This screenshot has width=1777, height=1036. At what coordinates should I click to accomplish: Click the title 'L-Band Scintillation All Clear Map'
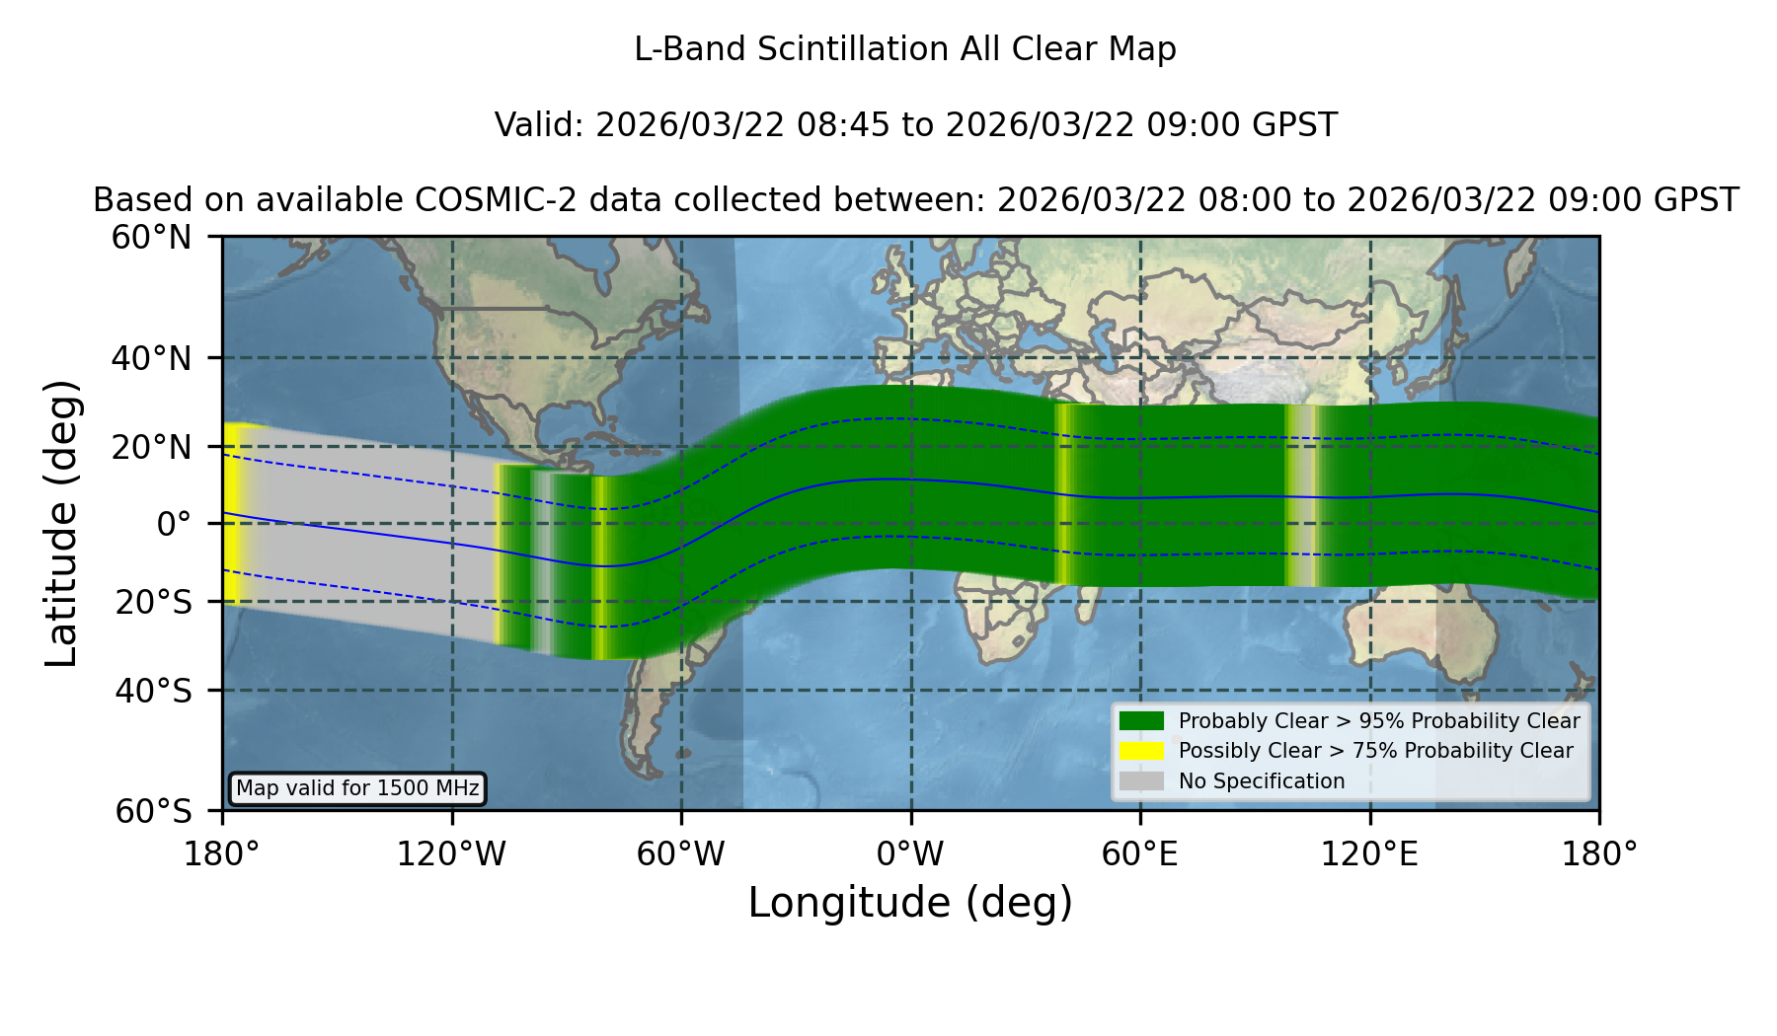[905, 49]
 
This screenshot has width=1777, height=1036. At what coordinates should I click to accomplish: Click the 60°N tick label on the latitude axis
[152, 238]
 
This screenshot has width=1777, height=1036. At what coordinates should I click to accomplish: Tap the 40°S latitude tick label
[153, 691]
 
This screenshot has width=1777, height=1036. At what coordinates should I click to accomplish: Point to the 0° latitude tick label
[174, 523]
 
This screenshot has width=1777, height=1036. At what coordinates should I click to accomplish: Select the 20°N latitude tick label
[152, 446]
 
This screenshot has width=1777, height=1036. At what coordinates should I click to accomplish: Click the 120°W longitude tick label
[452, 854]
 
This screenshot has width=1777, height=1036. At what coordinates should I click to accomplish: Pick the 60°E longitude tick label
[1140, 854]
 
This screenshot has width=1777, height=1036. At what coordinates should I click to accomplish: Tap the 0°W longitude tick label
[911, 854]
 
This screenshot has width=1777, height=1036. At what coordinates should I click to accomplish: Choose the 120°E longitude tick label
[1370, 854]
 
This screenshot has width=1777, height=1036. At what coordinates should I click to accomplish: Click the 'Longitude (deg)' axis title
[910, 903]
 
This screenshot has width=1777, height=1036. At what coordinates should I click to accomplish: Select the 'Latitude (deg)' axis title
[62, 523]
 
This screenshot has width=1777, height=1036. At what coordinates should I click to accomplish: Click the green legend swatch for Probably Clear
[1142, 721]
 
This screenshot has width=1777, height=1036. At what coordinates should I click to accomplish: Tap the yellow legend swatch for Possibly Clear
[1142, 751]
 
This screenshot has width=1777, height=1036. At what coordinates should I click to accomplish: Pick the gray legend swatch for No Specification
[1142, 781]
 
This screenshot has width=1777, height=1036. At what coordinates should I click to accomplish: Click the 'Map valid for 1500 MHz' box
[358, 788]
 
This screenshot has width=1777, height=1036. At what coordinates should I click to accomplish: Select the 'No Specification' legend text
[1262, 781]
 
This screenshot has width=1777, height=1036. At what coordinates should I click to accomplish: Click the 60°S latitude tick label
[153, 811]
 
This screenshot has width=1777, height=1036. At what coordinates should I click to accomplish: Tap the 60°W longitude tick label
[681, 854]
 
